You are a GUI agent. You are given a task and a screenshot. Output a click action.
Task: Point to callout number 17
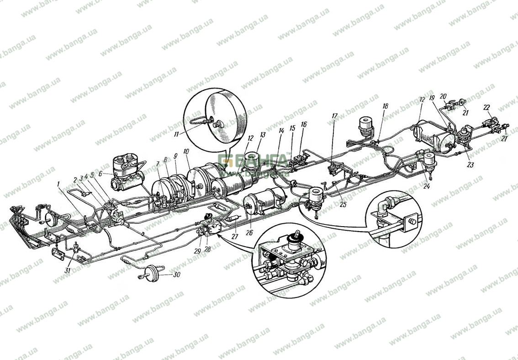click(335, 116)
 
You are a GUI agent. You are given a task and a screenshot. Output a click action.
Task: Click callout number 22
click(487, 107)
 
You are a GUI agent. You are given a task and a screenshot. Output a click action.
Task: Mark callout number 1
click(58, 184)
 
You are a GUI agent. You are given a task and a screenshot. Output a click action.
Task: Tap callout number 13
click(262, 135)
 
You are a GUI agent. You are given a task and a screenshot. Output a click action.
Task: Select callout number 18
click(385, 106)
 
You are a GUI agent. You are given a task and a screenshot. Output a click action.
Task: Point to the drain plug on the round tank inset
click(213, 123)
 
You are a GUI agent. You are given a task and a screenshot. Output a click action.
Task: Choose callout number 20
click(443, 96)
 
